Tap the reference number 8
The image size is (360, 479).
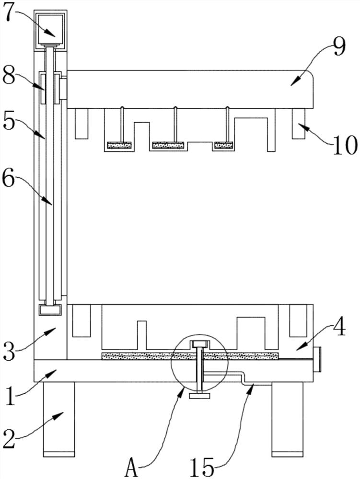9,76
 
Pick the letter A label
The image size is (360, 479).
132,468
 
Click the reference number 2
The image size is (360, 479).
9,439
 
